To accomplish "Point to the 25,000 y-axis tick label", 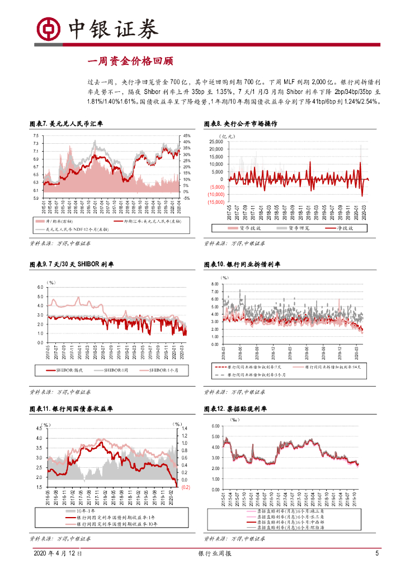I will pyautogui.click(x=216, y=142).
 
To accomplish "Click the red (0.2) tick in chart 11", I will pyautogui.click(x=186, y=487).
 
